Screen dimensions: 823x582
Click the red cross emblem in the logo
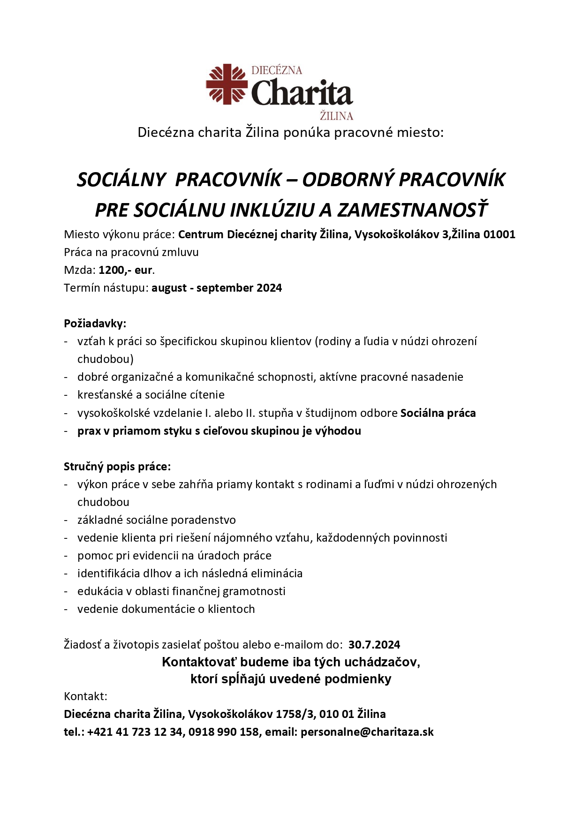pyautogui.click(x=227, y=84)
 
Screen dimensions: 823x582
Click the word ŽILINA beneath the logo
pyautogui.click(x=336, y=116)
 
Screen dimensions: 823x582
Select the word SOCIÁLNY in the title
pyautogui.click(x=121, y=180)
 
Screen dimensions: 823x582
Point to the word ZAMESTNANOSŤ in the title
pyautogui.click(x=413, y=210)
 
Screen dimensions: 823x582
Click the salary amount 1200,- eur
pyautogui.click(x=126, y=270)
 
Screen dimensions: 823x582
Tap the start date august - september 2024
pyautogui.click(x=217, y=288)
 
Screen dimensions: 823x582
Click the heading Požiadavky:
pyautogui.click(x=95, y=324)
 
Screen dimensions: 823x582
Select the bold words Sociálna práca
pyautogui.click(x=438, y=413)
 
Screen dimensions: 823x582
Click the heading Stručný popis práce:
pyautogui.click(x=117, y=467)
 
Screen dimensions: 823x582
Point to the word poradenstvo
pyautogui.click(x=203, y=520)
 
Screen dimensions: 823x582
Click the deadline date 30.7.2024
pyautogui.click(x=374, y=645)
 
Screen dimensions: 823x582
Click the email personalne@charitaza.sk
pyautogui.click(x=367, y=732)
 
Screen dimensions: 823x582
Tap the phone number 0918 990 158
pyautogui.click(x=224, y=732)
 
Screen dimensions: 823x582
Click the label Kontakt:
pyautogui.click(x=86, y=696)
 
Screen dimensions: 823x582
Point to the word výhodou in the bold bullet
pyautogui.click(x=338, y=431)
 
